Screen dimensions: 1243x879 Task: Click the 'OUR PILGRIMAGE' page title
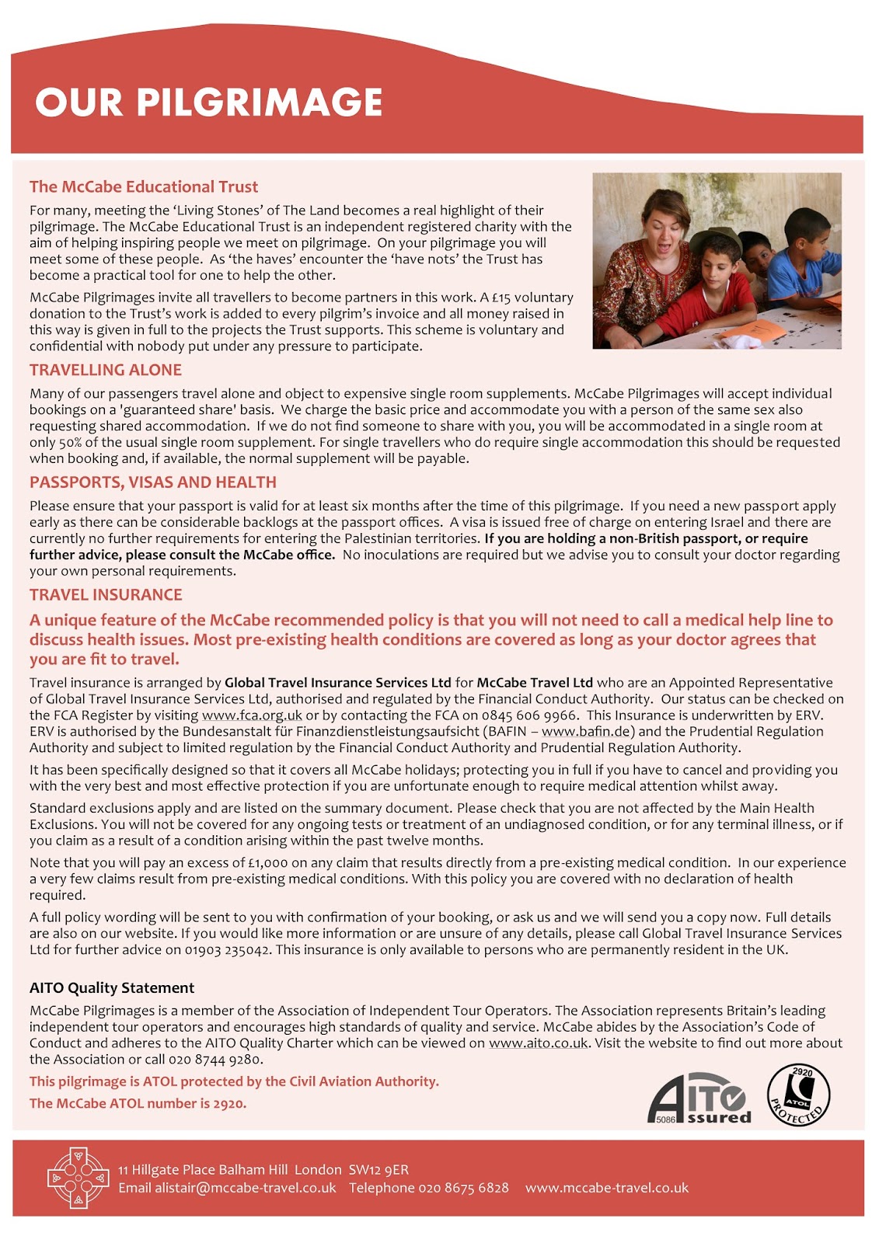208,103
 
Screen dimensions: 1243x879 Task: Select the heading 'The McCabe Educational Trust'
144,186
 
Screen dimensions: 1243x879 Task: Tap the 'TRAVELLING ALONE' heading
106,370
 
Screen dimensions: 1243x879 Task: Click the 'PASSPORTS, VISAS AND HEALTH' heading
153,482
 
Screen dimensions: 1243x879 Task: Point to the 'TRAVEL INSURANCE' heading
106,594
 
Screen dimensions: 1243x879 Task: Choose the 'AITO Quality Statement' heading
112,987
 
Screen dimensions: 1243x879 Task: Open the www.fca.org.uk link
252,715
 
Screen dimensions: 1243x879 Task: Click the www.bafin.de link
587,731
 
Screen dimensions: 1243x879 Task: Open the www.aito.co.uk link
538,1043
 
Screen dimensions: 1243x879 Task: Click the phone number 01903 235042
226,949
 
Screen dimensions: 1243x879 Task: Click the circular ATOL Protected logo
798,1095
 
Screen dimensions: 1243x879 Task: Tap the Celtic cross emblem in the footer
78,1178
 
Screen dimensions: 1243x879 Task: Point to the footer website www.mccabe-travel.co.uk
606,1188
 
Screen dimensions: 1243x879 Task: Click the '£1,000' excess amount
268,862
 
